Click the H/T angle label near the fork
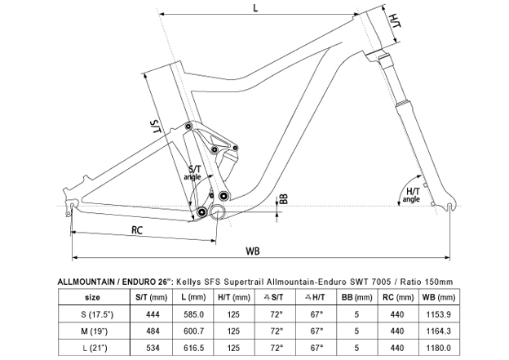[x=413, y=195]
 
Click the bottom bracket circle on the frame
[x=219, y=212]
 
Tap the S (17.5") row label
[x=92, y=313]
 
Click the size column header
[x=92, y=296]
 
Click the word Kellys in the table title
[x=190, y=281]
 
